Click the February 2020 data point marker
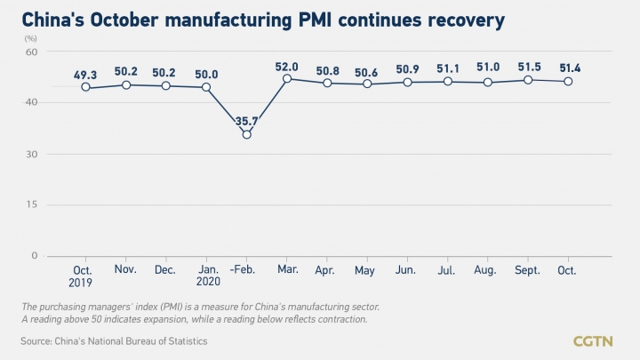point(246,134)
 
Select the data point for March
point(287,78)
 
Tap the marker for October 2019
point(85,87)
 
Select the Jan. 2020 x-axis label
point(206,274)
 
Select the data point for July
point(448,81)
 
